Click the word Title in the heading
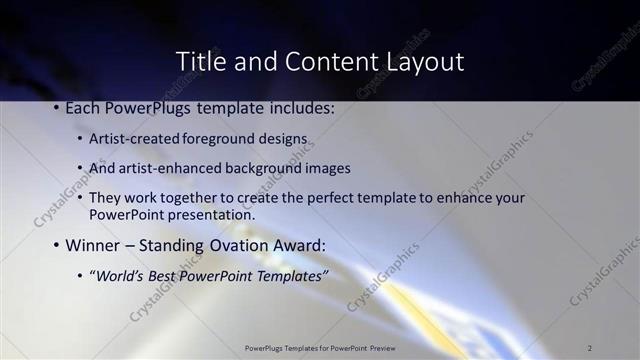pos(200,61)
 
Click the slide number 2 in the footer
pos(590,347)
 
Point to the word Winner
pos(94,244)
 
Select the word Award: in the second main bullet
pos(299,244)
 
